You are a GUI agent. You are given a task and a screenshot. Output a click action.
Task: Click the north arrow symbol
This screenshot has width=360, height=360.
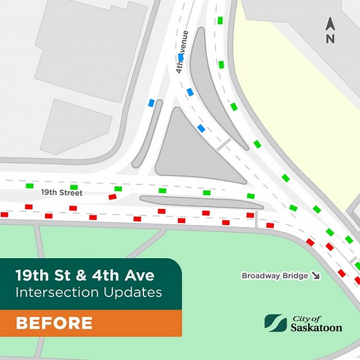click(330, 24)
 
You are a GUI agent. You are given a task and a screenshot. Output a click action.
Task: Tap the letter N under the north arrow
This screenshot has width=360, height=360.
click(330, 39)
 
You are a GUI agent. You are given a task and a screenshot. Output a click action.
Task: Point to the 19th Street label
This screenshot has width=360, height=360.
click(62, 192)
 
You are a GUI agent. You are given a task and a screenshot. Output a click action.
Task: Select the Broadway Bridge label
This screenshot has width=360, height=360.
click(274, 276)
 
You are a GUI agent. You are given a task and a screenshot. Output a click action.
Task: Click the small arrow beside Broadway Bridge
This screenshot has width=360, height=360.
click(316, 276)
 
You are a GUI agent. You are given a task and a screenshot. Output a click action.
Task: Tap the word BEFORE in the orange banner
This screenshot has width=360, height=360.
click(54, 323)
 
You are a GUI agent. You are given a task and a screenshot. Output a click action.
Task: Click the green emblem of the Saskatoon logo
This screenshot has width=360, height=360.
click(275, 323)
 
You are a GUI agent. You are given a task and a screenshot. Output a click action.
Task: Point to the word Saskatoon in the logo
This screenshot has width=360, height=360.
click(316, 327)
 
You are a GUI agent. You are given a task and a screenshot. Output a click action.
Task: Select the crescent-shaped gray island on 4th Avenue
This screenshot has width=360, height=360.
click(208, 76)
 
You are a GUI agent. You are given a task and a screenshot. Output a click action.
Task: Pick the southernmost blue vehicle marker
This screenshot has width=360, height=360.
click(201, 128)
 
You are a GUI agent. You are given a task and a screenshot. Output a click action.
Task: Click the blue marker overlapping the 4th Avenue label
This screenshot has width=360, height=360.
click(180, 57)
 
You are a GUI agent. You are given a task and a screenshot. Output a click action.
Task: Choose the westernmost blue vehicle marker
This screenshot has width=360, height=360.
click(151, 103)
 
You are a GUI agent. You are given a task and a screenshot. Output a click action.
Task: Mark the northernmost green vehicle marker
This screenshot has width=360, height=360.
click(220, 21)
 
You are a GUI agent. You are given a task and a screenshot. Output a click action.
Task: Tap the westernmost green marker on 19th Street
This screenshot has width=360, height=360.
click(30, 186)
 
